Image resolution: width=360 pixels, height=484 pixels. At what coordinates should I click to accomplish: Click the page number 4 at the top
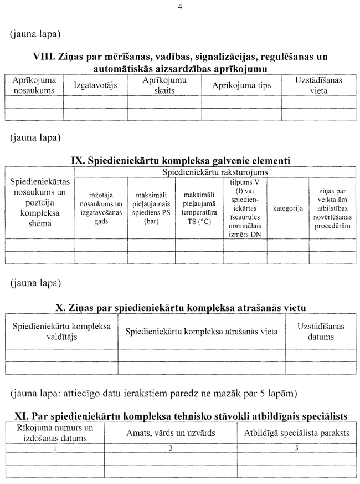(180, 7)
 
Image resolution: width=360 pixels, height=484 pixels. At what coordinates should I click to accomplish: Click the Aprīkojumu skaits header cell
(164, 85)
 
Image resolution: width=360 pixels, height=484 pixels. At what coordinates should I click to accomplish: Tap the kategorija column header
(287, 208)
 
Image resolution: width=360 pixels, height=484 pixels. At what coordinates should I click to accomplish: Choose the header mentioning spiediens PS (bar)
(151, 208)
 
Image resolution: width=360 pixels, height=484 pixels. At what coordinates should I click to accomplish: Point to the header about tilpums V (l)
(244, 208)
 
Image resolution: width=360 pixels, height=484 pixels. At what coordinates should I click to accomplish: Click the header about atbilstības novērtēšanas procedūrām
(332, 208)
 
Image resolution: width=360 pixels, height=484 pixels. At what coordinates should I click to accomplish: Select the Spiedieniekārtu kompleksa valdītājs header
(61, 331)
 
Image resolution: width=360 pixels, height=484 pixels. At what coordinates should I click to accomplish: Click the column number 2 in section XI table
(171, 448)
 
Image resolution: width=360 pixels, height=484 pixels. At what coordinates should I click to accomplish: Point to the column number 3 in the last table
(297, 448)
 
